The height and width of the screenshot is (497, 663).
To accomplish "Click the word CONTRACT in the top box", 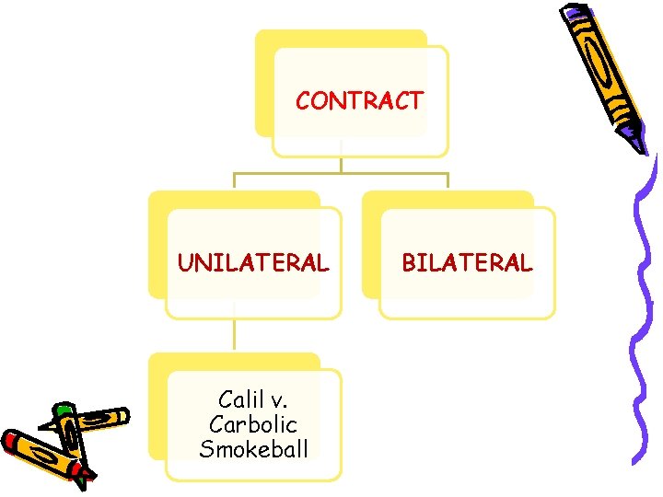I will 359,101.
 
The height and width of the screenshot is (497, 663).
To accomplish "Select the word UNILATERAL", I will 252,263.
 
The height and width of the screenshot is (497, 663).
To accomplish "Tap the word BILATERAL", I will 466,263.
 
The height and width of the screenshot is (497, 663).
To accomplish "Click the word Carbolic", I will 253,424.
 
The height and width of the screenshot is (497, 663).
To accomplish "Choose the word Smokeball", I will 253,449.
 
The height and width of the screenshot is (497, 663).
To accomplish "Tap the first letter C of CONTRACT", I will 303,101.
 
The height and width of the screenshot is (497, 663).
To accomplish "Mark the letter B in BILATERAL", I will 408,263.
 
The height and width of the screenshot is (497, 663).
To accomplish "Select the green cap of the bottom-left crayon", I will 63,411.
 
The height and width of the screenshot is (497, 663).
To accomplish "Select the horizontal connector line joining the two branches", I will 341,173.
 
